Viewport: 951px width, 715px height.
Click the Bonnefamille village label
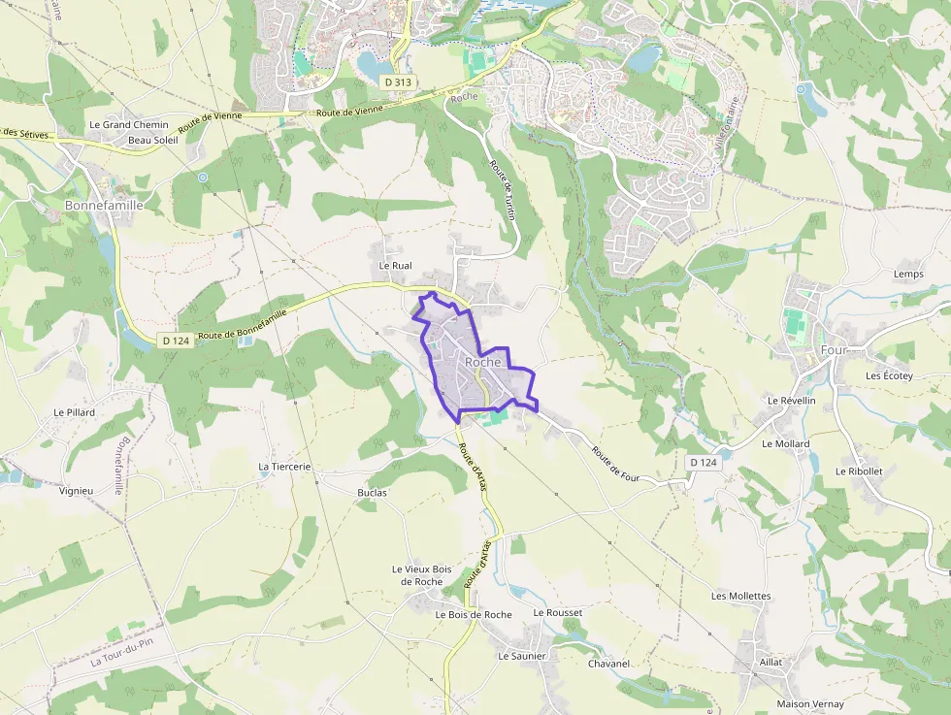coord(104,206)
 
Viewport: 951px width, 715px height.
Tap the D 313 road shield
coord(398,82)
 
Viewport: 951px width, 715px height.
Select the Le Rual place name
coord(396,265)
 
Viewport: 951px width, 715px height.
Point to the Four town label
coord(834,349)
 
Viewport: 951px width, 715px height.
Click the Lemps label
coord(908,275)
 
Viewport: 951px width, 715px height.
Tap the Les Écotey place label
coord(889,375)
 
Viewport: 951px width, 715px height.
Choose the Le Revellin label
coord(791,401)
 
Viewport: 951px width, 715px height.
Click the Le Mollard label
coord(786,443)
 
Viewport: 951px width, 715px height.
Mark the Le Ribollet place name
coord(859,471)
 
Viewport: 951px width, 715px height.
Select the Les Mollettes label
coord(740,596)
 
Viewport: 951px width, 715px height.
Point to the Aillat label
coord(771,662)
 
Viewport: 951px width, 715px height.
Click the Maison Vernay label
coord(810,703)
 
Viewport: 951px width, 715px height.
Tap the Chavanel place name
coord(608,664)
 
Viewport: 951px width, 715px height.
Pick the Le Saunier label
coord(522,656)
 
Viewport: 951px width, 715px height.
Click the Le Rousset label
coord(558,613)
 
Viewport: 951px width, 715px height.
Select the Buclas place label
coord(372,492)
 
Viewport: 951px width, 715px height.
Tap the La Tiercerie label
coord(284,467)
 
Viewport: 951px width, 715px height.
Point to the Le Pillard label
coord(75,412)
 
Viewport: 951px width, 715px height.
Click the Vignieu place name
coord(76,491)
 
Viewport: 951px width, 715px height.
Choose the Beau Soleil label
coord(152,140)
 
